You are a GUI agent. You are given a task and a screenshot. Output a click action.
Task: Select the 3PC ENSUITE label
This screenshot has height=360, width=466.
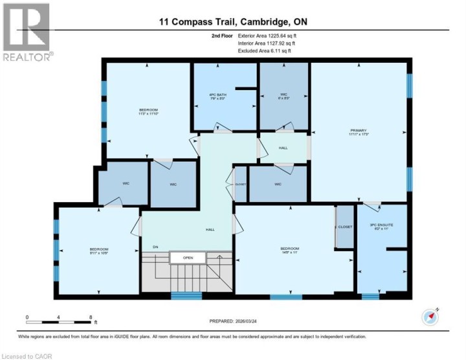(381, 227)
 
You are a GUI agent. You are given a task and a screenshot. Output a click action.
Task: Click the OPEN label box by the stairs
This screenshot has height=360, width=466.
(188, 258)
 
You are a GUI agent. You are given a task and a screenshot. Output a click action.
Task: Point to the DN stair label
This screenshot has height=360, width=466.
(155, 247)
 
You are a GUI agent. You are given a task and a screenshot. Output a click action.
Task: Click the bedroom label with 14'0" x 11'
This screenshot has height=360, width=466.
(289, 251)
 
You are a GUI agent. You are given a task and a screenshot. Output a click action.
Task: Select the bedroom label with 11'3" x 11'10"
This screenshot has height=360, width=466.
(148, 111)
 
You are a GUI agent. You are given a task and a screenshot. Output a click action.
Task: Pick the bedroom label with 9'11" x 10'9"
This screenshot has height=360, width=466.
(98, 251)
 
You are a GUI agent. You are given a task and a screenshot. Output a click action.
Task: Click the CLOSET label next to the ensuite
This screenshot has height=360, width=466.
(345, 227)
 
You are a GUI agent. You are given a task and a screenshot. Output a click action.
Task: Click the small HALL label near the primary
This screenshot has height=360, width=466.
(283, 148)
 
